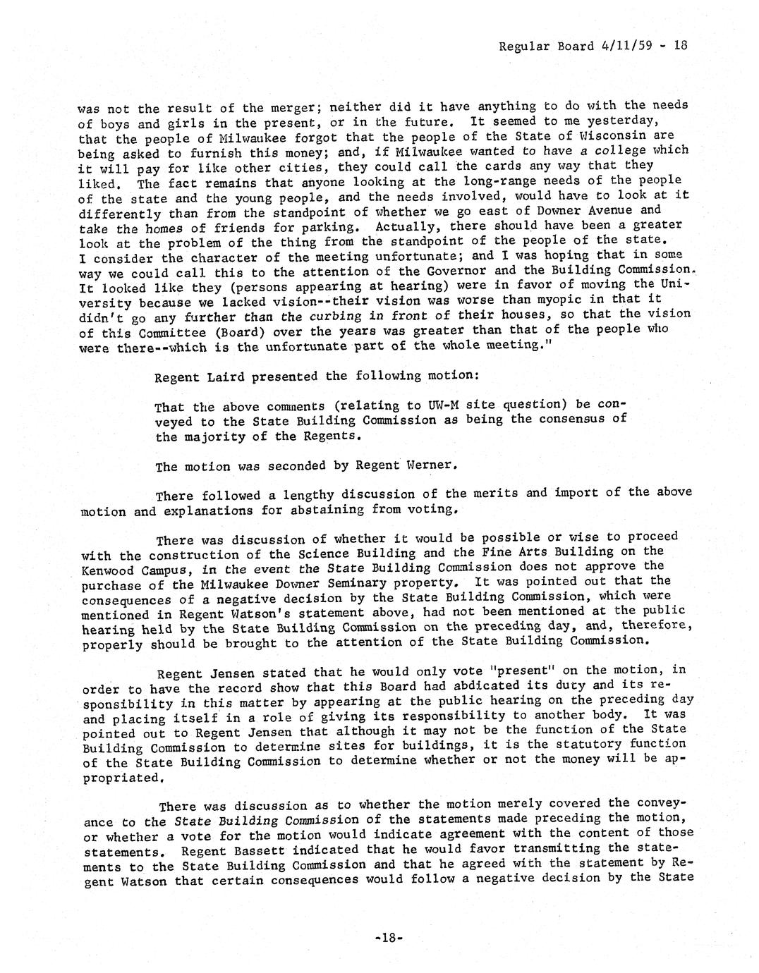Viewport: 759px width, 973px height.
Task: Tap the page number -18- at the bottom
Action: (x=389, y=938)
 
